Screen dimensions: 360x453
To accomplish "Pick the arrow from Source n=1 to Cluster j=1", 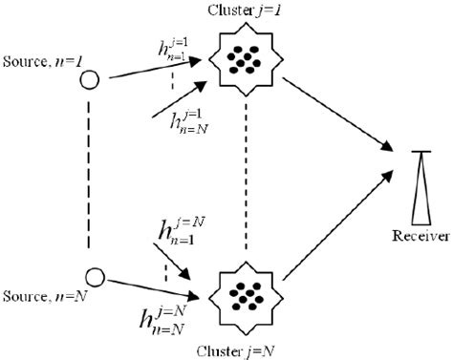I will (153, 69).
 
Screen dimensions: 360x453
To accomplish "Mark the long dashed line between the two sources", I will (89, 177).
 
